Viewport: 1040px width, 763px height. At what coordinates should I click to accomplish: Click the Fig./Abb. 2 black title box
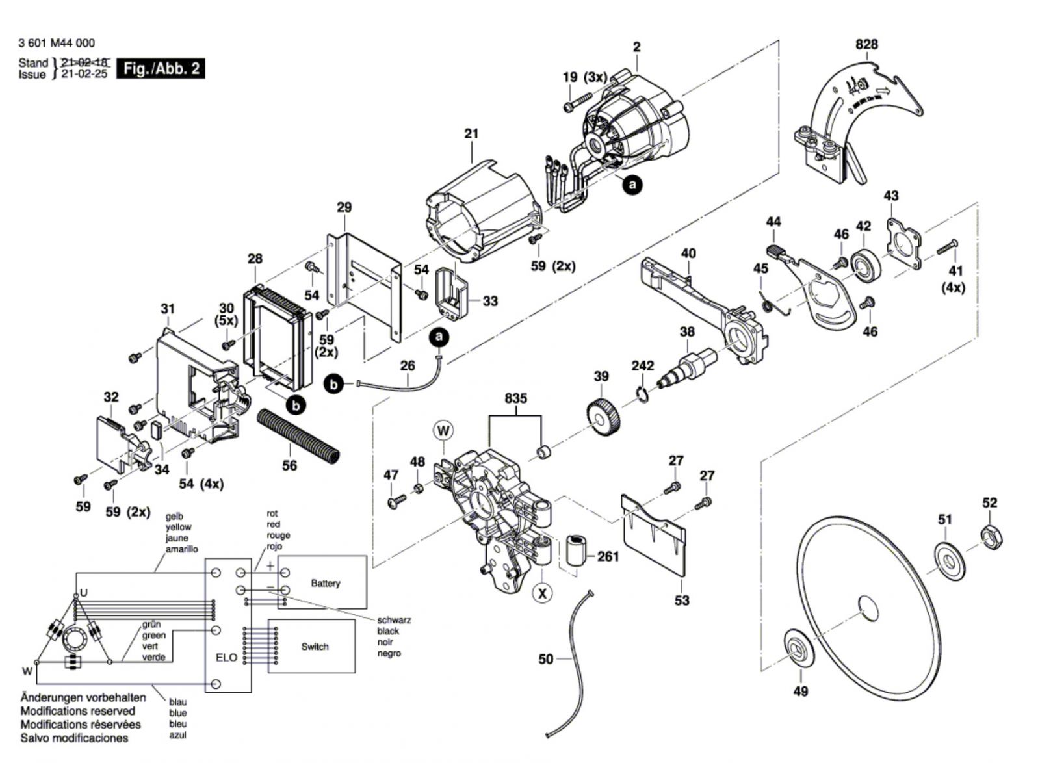161,68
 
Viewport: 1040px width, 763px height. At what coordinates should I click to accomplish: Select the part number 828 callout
866,44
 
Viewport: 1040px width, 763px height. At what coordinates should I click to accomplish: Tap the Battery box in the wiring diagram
325,583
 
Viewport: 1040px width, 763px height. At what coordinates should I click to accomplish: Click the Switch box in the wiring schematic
315,646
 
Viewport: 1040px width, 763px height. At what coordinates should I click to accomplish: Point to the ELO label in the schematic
226,658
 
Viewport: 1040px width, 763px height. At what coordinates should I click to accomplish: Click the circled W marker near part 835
444,430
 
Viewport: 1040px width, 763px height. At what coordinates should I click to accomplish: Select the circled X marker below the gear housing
542,593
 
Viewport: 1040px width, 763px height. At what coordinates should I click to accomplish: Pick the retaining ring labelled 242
642,393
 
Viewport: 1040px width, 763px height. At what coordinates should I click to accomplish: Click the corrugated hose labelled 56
298,436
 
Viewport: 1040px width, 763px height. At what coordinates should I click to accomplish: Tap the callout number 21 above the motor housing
471,133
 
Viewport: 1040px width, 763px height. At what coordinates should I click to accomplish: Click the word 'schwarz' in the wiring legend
394,620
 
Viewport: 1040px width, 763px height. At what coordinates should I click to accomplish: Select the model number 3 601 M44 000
57,43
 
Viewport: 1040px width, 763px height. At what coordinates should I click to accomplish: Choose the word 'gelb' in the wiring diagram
175,517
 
